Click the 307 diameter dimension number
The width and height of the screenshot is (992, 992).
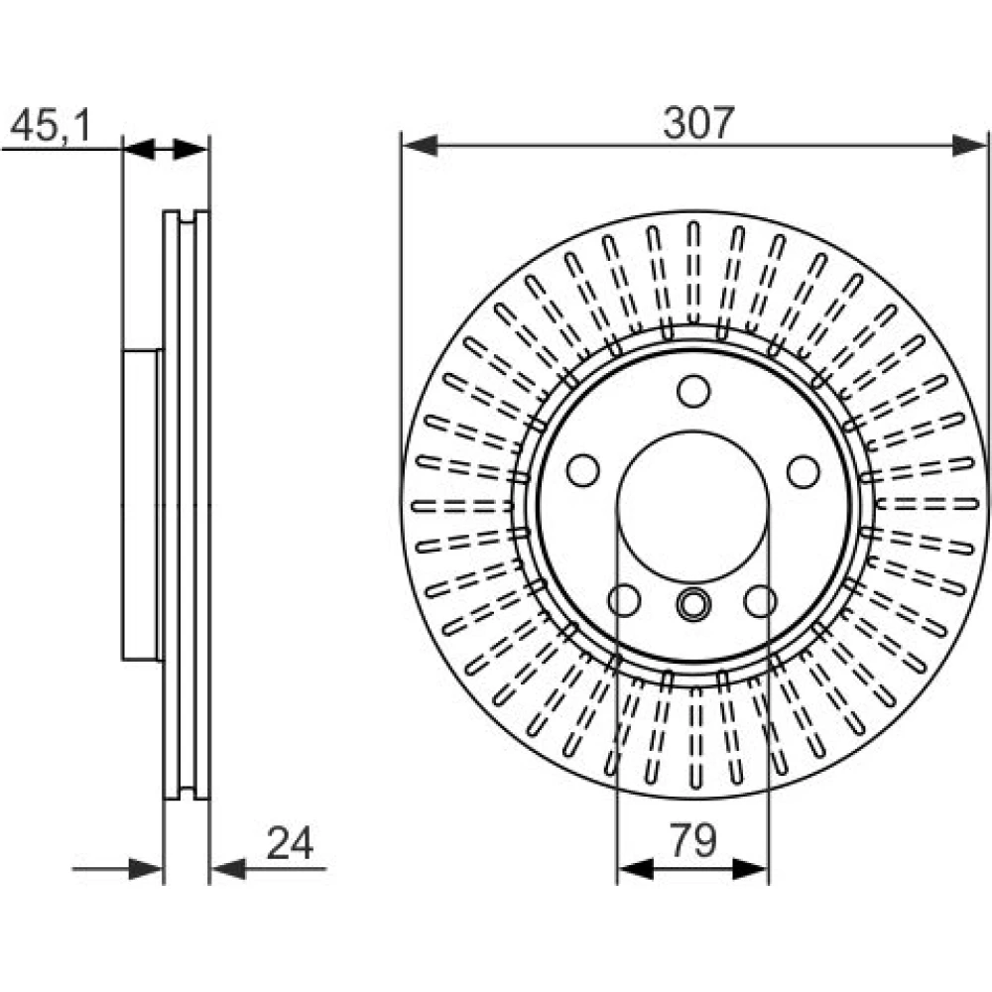click(698, 123)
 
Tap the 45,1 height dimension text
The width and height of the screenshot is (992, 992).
click(51, 125)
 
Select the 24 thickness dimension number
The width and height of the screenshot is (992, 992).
click(290, 842)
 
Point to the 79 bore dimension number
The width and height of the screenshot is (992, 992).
click(693, 841)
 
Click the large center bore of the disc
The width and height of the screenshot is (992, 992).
click(693, 507)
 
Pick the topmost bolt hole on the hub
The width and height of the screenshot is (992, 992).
click(693, 391)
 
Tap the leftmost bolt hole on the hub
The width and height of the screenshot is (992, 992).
click(582, 470)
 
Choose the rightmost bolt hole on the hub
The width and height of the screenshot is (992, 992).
click(804, 471)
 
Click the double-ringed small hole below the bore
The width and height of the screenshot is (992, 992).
click(693, 604)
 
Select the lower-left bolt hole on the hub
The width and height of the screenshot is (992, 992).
click(624, 600)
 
